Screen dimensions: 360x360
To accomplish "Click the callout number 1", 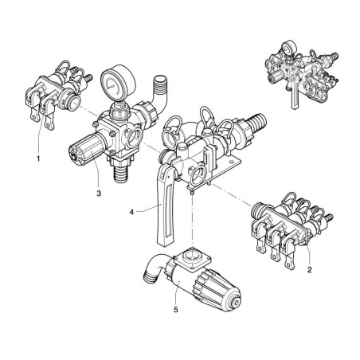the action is [38, 158].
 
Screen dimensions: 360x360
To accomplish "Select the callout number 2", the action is [309, 270].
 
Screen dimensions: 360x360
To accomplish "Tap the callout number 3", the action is [99, 194].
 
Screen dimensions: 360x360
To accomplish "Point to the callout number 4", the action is [131, 213].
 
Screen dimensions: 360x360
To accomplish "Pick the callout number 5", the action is [176, 310].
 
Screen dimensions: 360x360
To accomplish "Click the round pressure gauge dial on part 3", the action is [118, 83].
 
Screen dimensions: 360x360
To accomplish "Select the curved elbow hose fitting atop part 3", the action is [158, 94].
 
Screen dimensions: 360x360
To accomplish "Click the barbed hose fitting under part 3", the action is [120, 173].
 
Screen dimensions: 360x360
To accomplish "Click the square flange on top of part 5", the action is [192, 258].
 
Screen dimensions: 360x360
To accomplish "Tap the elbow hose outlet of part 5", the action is [154, 268].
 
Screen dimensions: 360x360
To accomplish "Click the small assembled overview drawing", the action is [302, 75].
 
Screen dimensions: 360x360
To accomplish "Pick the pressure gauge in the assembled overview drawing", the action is [289, 49].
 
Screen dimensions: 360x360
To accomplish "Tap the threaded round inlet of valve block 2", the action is [260, 211].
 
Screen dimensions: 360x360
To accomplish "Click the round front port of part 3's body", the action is [134, 138].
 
